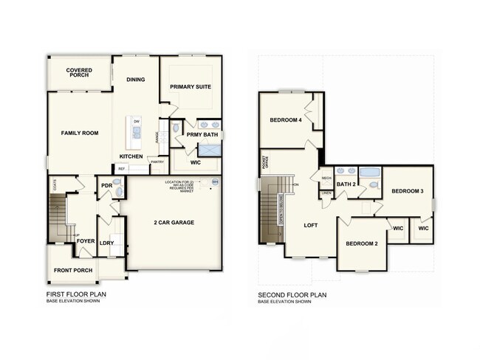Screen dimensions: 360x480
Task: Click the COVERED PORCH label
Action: pos(79,72)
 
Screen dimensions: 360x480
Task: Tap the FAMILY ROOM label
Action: pos(79,133)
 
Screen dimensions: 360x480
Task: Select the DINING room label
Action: pos(135,80)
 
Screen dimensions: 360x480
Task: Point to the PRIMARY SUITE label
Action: pos(191,87)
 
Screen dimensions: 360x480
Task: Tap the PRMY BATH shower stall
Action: pos(210,150)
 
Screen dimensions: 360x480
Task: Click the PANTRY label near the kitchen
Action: pos(157,162)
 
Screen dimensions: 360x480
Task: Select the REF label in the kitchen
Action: pos(122,169)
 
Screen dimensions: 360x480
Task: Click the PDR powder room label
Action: pos(106,186)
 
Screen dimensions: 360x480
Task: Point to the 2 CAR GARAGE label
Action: pos(174,222)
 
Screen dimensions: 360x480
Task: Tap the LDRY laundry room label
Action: pos(106,242)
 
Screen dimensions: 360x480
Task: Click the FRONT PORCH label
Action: pos(72,271)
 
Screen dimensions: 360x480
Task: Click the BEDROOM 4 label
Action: pos(285,120)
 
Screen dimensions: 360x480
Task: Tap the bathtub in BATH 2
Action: pos(372,179)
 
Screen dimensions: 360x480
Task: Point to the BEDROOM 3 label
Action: pos(407,191)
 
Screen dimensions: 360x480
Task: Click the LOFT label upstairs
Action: pos(311,225)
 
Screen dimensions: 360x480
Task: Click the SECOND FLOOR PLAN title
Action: pos(292,295)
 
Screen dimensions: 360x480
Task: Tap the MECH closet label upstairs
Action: pos(326,179)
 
